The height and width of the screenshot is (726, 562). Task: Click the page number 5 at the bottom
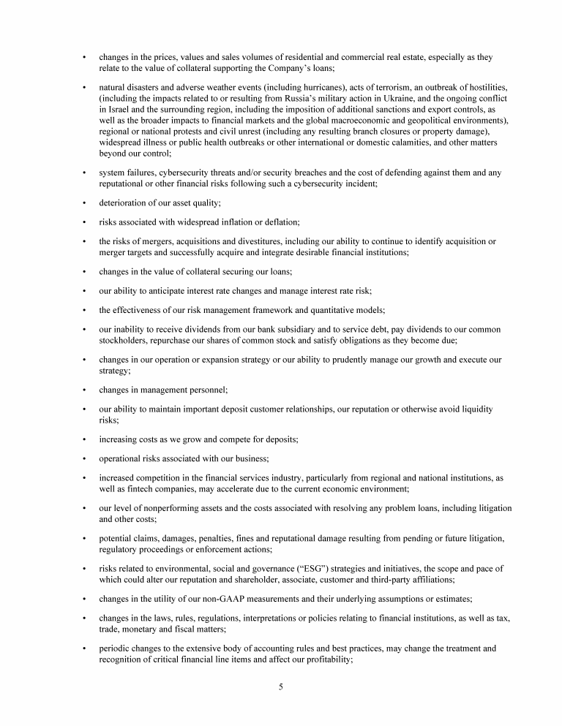280,687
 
